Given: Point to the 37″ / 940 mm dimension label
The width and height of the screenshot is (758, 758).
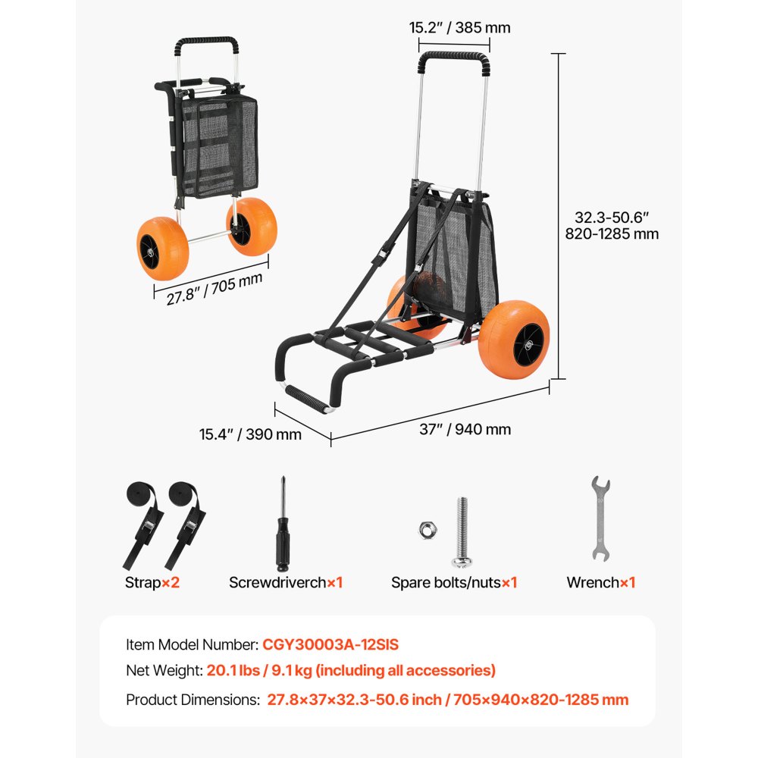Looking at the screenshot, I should click(x=465, y=430).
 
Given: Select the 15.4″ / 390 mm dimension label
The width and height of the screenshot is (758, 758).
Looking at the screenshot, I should click(x=250, y=434).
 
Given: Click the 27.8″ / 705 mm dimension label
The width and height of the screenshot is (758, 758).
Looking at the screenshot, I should click(x=215, y=288).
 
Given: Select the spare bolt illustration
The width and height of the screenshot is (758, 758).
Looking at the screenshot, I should click(x=461, y=532).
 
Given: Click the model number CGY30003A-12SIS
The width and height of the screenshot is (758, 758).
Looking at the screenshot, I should click(x=330, y=645).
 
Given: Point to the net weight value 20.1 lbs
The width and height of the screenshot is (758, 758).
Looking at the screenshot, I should click(x=233, y=671).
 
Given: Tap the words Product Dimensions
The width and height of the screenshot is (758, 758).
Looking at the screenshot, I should click(x=192, y=700).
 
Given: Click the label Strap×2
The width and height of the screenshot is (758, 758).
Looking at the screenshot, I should click(x=152, y=583).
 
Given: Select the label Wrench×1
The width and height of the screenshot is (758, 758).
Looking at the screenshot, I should click(x=600, y=583).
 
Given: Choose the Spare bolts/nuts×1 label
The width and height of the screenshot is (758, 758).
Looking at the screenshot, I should click(x=454, y=583).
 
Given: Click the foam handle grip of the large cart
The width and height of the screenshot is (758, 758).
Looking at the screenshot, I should click(x=453, y=58).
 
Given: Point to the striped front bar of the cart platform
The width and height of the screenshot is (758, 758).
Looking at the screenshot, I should click(x=309, y=398).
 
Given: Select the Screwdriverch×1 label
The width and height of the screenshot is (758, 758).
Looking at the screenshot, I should click(x=286, y=583).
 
